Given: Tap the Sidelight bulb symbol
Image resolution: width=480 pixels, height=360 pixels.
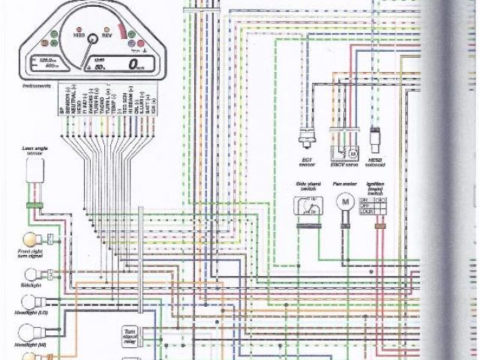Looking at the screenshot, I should point(31,274).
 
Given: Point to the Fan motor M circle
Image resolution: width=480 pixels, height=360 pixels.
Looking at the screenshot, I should point(346,203).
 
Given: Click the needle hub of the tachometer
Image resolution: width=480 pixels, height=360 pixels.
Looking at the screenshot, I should point(91,38).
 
